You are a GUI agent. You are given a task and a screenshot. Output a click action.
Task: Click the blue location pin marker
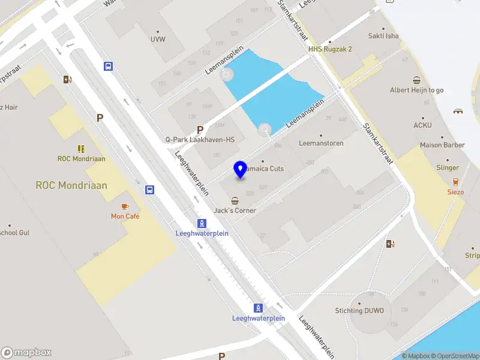(241, 169)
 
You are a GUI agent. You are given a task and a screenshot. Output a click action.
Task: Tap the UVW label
(158, 39)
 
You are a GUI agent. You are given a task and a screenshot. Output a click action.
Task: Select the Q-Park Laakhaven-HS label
(200, 139)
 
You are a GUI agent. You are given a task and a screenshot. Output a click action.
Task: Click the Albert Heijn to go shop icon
(416, 80)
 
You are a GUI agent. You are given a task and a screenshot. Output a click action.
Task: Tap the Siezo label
(455, 192)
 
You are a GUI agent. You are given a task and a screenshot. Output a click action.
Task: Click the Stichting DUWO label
(363, 310)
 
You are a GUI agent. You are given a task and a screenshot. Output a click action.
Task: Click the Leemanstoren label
(321, 143)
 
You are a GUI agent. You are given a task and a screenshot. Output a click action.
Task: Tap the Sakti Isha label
(383, 36)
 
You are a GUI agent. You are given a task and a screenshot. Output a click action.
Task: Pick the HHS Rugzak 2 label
(330, 49)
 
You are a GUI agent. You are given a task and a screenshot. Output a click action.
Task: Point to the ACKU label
(422, 125)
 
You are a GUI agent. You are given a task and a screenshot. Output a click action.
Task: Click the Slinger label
(448, 168)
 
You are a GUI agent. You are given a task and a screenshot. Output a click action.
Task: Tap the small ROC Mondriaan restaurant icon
(81, 148)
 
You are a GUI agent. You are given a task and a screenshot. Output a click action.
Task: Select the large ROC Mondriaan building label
(71, 185)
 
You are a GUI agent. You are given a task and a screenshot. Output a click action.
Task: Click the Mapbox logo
(26, 353)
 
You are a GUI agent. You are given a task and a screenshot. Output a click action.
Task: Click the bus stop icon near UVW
(108, 66)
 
